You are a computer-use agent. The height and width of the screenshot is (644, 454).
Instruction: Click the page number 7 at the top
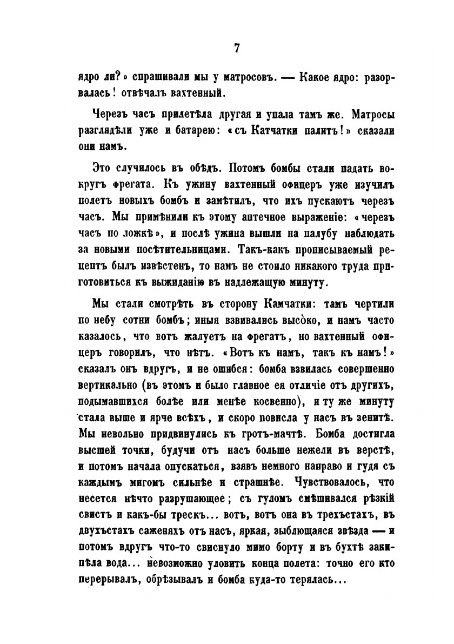tap(236, 48)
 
